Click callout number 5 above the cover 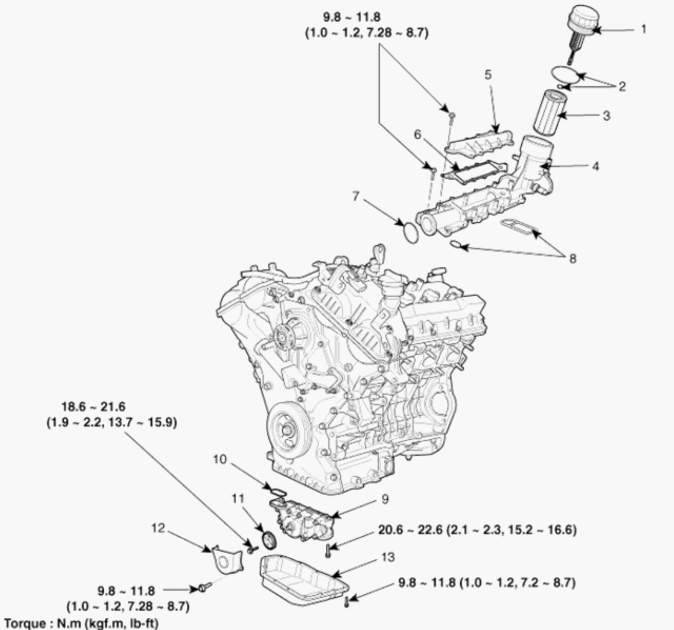click(488, 75)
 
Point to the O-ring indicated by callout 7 click(410, 232)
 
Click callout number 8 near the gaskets click(572, 259)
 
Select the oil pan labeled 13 click(301, 578)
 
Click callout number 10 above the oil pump click(220, 459)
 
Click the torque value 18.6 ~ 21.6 click(93, 407)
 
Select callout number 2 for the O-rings click(622, 86)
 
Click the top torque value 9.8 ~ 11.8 click(351, 17)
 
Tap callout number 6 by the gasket click(417, 135)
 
